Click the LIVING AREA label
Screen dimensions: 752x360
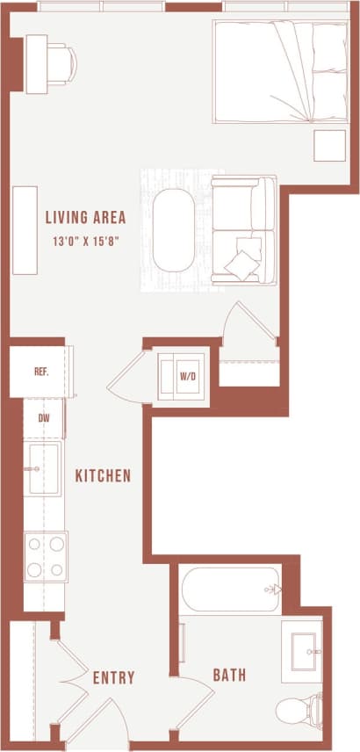(85, 217)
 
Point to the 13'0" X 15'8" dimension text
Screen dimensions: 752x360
(85, 239)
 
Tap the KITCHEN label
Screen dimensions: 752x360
(103, 476)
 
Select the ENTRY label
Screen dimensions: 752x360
(114, 677)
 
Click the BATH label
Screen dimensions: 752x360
(229, 676)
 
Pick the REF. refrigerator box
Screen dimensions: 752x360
(40, 371)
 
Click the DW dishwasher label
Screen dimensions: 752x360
(43, 419)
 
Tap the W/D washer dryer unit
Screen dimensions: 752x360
(187, 376)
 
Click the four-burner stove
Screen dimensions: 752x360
(46, 556)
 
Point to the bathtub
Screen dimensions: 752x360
(231, 589)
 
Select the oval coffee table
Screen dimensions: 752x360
(173, 230)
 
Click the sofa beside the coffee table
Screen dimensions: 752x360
(243, 229)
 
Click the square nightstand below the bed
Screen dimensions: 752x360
(330, 145)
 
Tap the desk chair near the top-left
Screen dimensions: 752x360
(61, 62)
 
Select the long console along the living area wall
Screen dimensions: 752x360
(25, 230)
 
